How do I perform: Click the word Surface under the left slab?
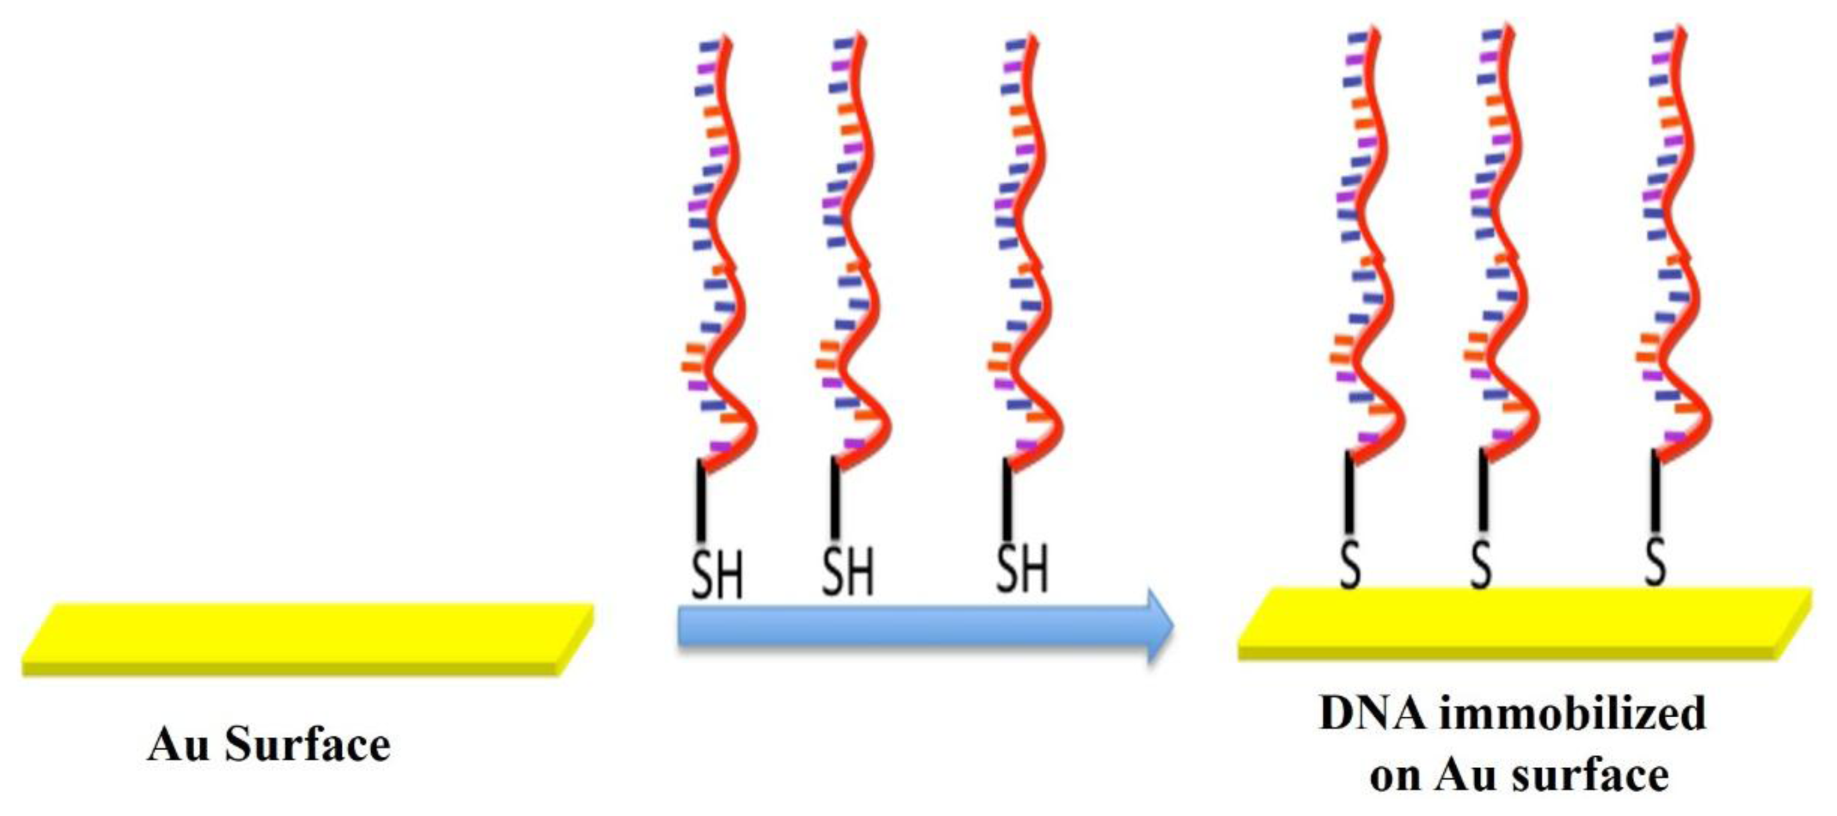[307, 746]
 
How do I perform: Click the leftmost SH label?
[718, 573]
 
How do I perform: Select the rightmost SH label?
[1022, 568]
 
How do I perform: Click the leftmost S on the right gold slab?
[1350, 564]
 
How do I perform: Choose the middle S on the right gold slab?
[1481, 564]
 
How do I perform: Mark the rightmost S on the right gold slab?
[1656, 561]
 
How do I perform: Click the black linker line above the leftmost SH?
[702, 501]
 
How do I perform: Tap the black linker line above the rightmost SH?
[1007, 499]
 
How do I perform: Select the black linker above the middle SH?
[834, 499]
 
